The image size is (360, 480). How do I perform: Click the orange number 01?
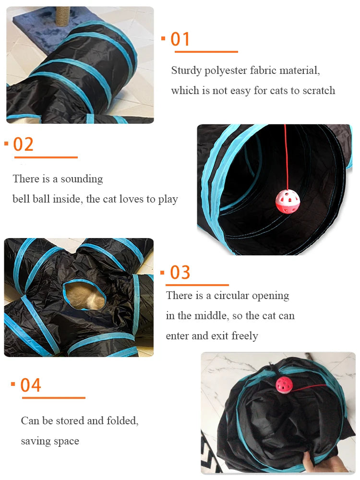[180, 39]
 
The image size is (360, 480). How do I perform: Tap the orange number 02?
[24, 144]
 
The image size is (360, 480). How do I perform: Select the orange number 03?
[180, 272]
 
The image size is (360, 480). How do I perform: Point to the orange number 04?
[31, 385]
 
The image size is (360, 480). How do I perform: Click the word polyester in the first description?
[225, 71]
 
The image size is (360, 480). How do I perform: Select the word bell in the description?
[21, 199]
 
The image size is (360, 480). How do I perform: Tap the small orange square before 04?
[13, 384]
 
